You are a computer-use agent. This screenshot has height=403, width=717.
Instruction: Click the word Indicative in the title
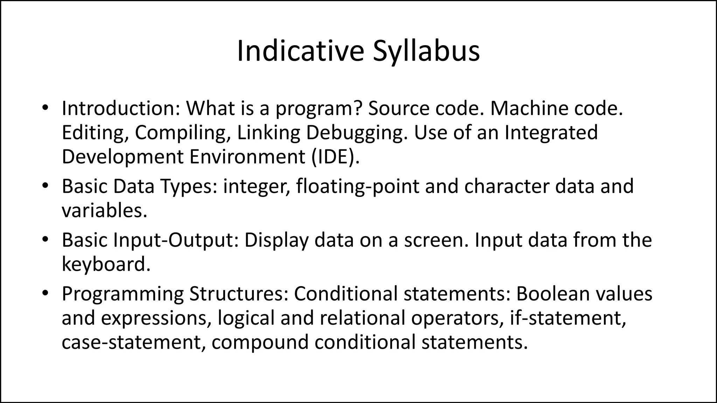tap(300, 51)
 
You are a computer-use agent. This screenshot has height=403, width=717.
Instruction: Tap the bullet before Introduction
tap(44, 108)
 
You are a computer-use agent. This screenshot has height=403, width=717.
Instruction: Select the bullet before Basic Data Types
tap(44, 186)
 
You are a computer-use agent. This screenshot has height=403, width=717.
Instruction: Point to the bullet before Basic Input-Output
tap(44, 240)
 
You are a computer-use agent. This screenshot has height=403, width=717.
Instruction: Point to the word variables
tap(104, 211)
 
